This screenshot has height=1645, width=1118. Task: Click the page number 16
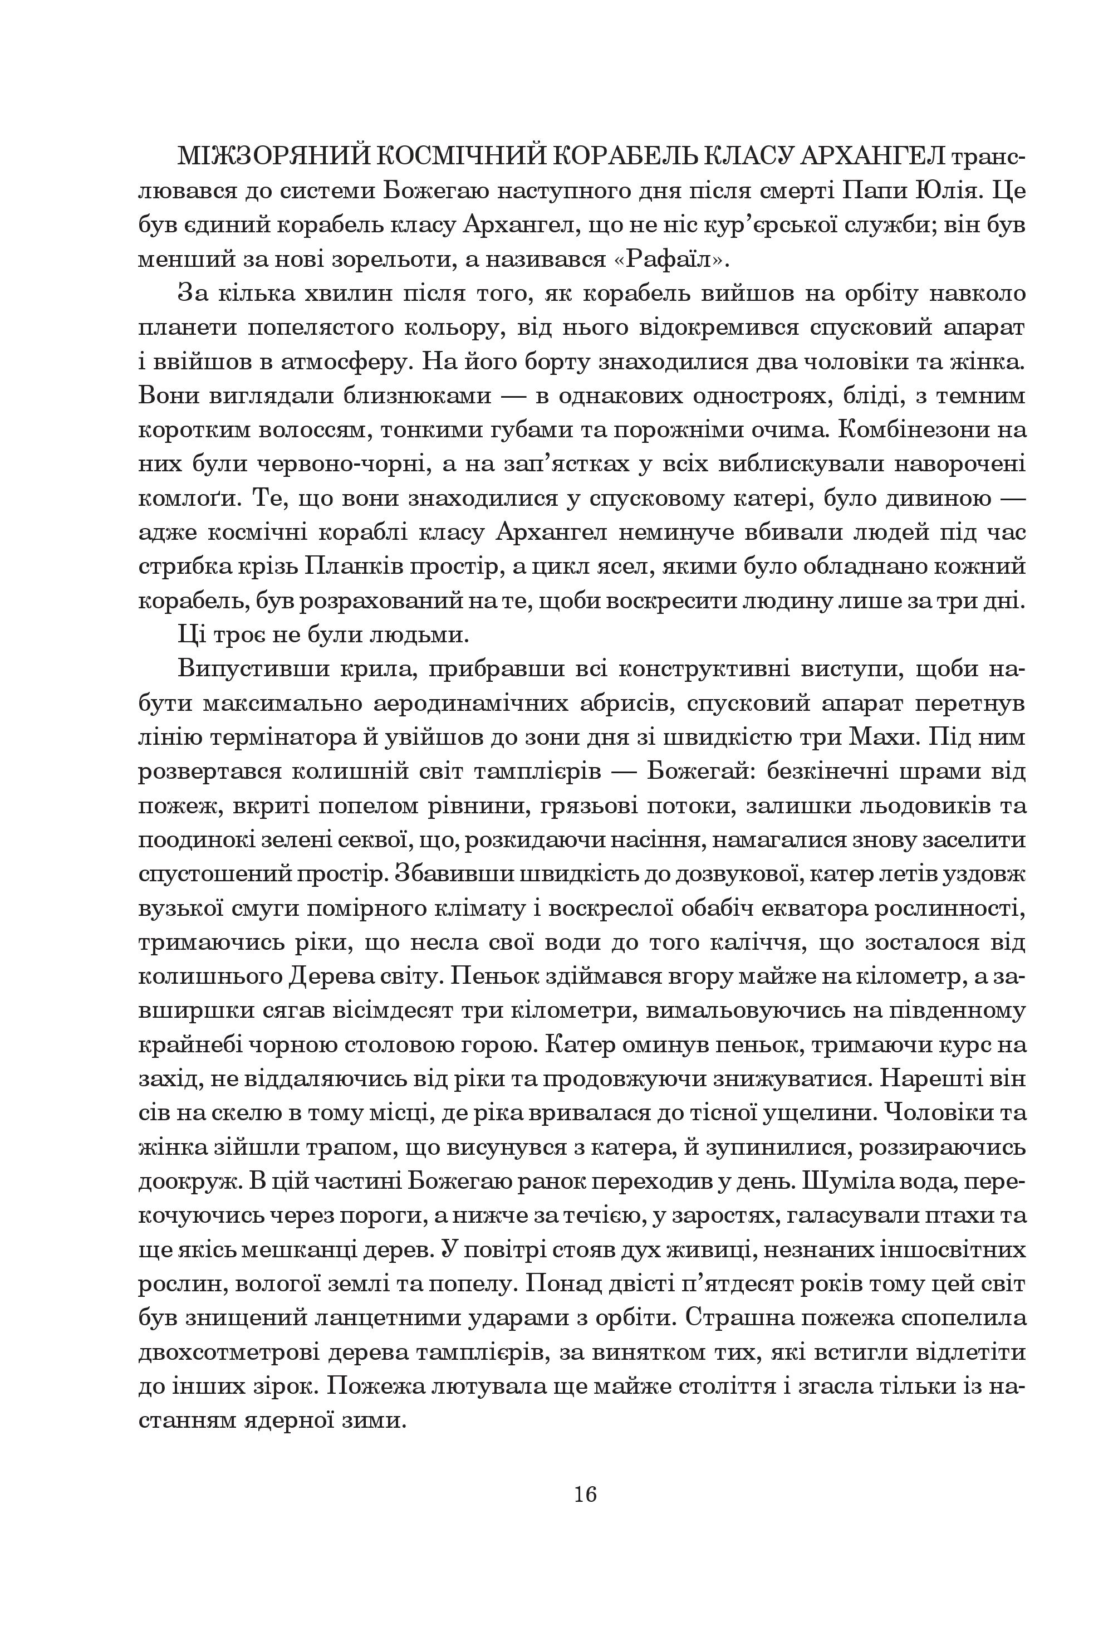586,1494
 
